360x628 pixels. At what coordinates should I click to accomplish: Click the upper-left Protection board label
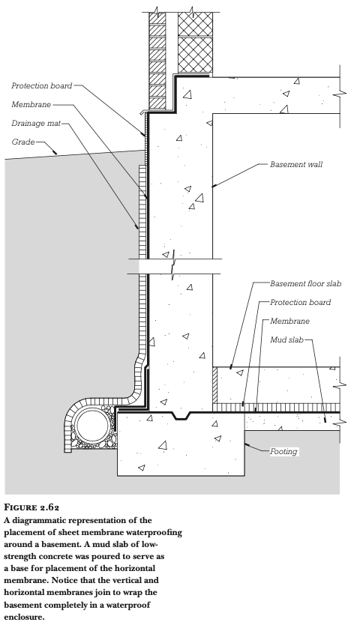pyautogui.click(x=42, y=85)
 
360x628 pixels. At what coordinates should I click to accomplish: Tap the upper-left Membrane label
pyautogui.click(x=31, y=104)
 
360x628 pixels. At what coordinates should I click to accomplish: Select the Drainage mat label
pyautogui.click(x=36, y=124)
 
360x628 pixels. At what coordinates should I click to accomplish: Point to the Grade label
pyautogui.click(x=22, y=142)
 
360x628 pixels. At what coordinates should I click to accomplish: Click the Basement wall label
pyautogui.click(x=295, y=164)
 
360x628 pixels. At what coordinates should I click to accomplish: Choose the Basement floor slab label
pyautogui.click(x=305, y=283)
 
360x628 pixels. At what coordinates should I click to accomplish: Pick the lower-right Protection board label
pyautogui.click(x=300, y=303)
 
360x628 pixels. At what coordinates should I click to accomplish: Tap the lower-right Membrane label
pyautogui.click(x=289, y=321)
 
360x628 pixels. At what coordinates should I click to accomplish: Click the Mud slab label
pyautogui.click(x=286, y=340)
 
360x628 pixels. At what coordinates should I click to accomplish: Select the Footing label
pyautogui.click(x=283, y=451)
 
